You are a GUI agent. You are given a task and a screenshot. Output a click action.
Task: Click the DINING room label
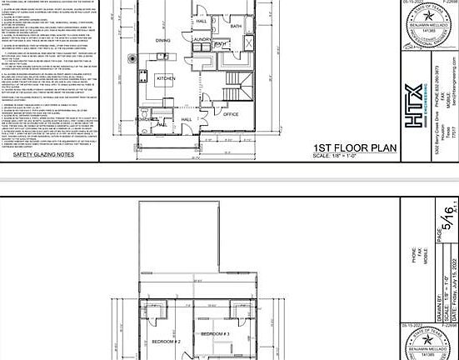coord(163,39)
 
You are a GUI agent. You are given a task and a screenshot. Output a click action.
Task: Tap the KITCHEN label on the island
coord(166,78)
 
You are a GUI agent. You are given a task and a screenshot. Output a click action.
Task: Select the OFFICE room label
coord(231,113)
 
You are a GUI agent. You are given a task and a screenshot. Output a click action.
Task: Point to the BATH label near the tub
coord(236,26)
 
